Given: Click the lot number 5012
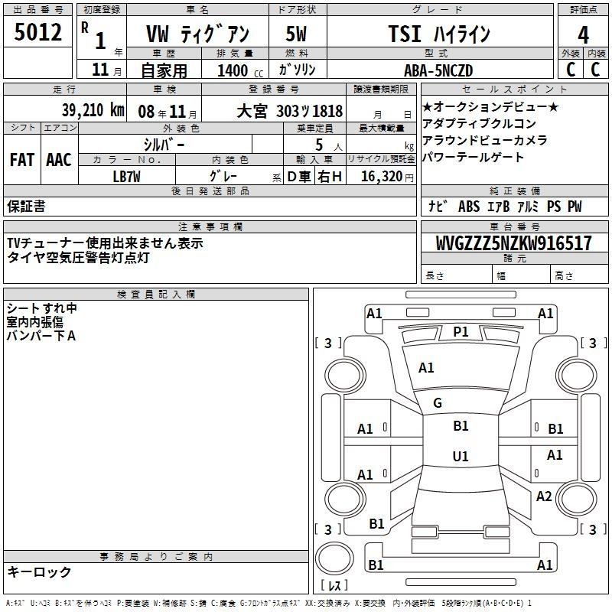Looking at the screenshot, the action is [37, 32].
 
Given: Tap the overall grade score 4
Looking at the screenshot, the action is [583, 35].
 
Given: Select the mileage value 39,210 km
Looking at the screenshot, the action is [93, 110].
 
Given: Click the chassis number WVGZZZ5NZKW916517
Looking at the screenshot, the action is [513, 243].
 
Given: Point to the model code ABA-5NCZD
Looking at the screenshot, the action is [438, 70].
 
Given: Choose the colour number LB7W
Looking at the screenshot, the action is [126, 177].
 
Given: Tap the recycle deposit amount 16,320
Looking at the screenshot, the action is [381, 176].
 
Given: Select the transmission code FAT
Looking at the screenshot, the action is [22, 160].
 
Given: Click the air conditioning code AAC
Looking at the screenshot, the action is [59, 160].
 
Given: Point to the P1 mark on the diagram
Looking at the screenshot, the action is [461, 332].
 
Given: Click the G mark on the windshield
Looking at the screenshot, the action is [438, 403].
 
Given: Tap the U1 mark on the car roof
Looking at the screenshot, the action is [461, 456].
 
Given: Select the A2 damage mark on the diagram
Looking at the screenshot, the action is [544, 496].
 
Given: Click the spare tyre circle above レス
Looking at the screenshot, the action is [334, 558].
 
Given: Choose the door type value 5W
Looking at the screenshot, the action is [296, 34].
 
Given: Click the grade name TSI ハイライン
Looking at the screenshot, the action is [439, 34].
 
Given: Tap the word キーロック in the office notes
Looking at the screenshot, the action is [39, 571].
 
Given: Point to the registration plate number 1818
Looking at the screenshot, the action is [327, 111].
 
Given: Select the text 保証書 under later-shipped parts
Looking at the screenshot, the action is [26, 206].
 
